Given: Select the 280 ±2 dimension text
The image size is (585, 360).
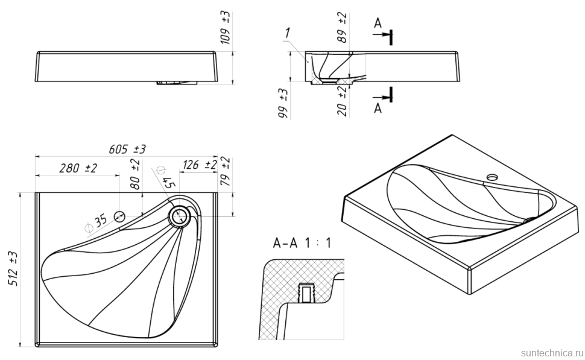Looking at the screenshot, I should (x=78, y=168).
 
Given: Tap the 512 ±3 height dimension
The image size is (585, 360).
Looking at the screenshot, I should (x=13, y=269).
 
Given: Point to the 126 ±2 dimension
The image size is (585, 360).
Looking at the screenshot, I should (x=200, y=165).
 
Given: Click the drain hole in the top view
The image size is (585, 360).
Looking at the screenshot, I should (x=180, y=215).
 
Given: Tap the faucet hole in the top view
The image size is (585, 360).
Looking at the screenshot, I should (x=119, y=216).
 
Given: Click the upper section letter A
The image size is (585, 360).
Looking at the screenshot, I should (x=378, y=24).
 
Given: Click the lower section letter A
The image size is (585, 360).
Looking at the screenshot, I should (x=378, y=107).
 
